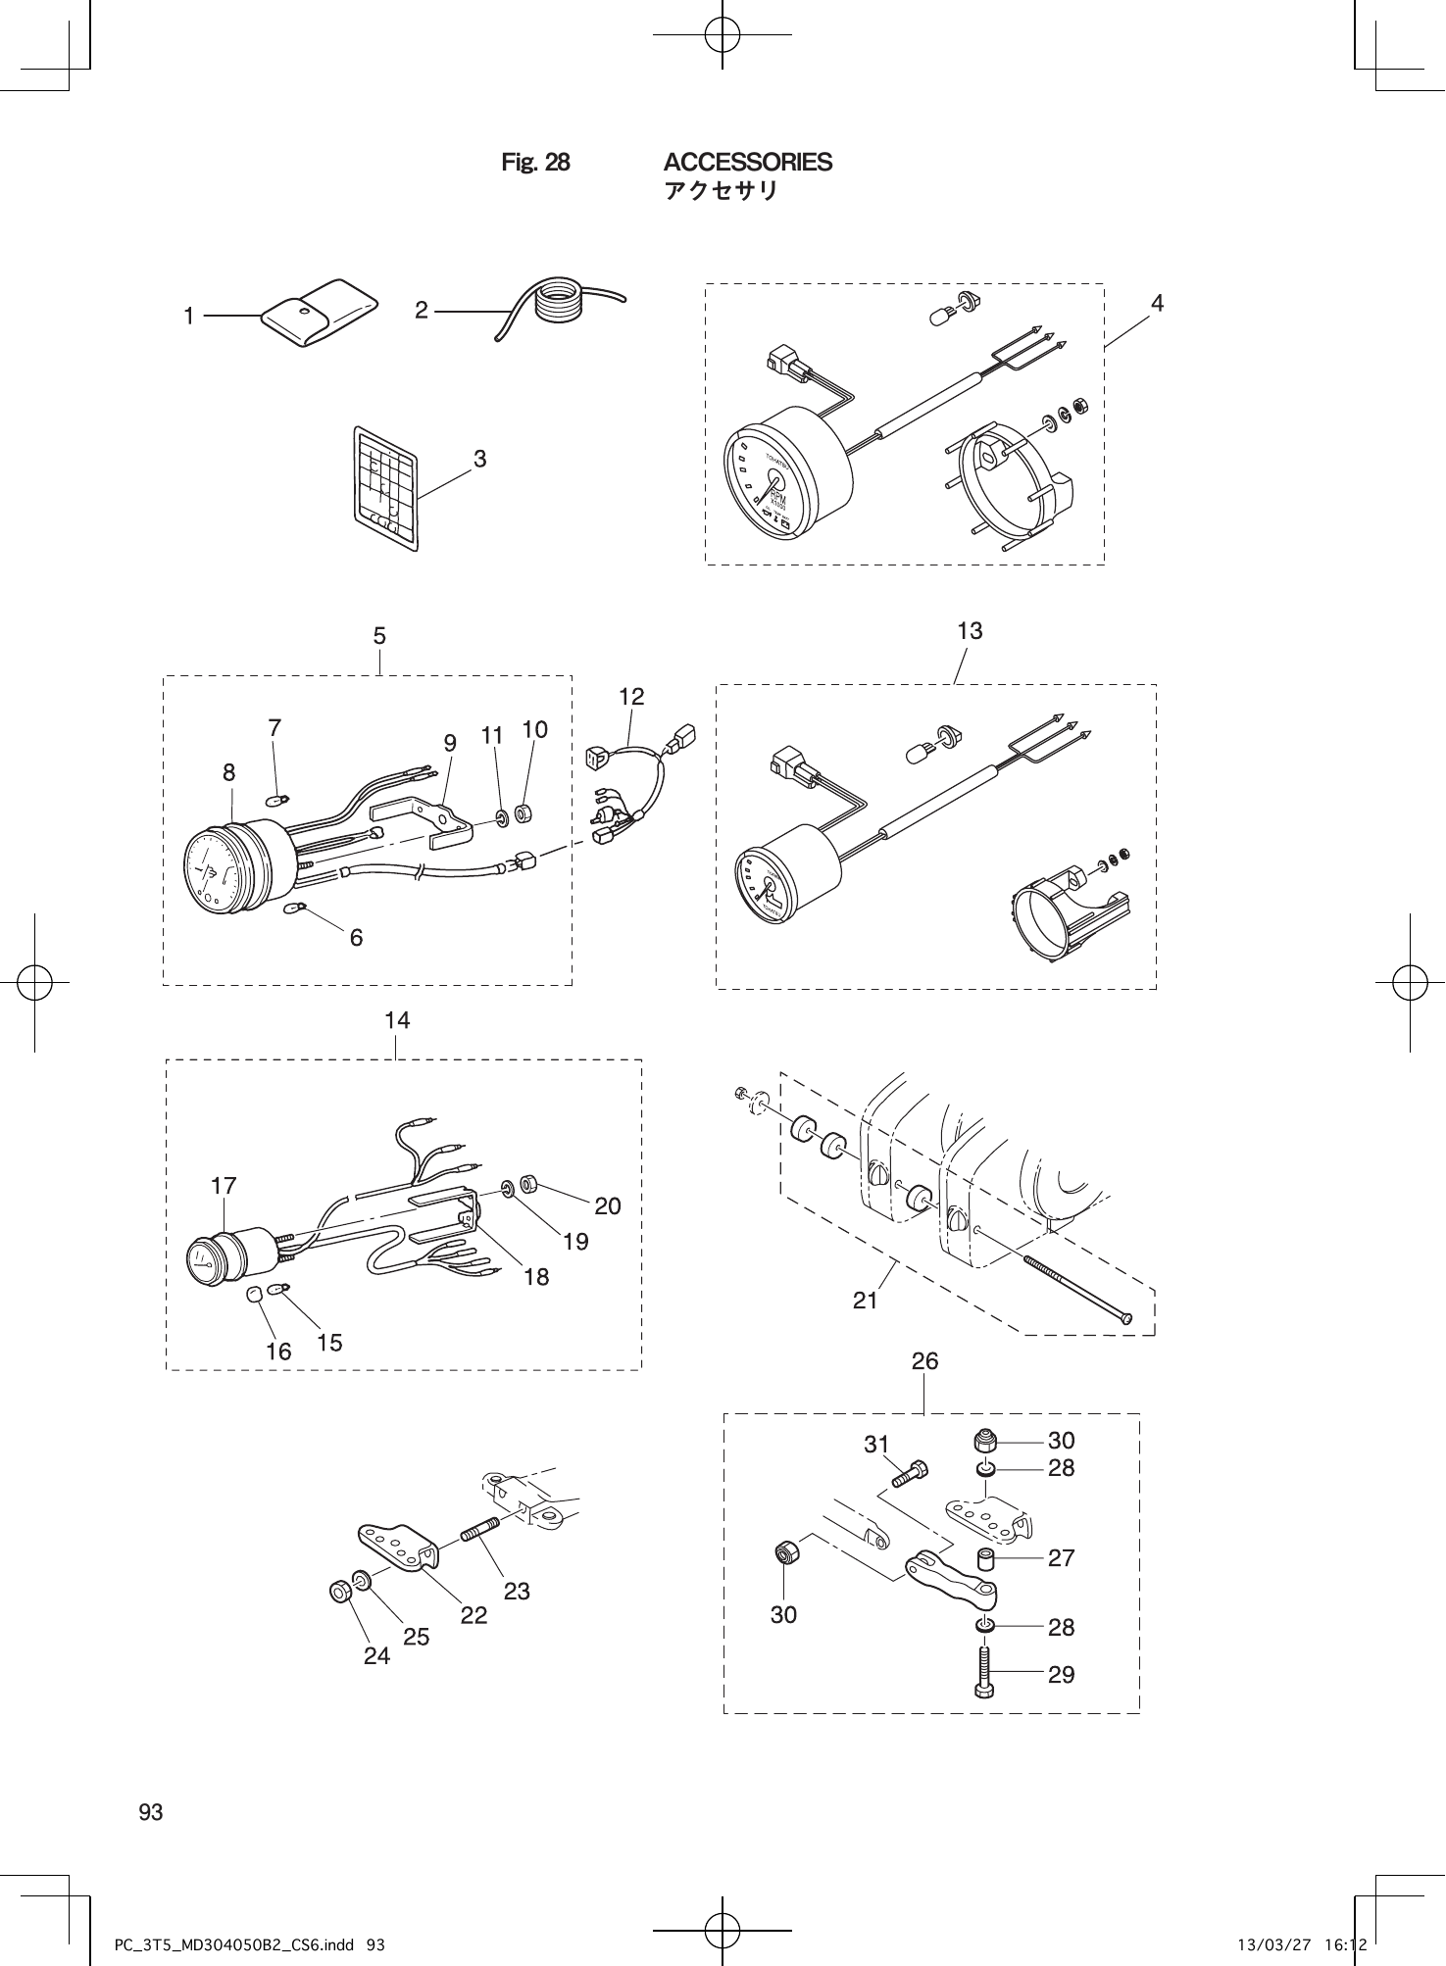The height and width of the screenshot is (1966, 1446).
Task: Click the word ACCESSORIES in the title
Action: [x=747, y=162]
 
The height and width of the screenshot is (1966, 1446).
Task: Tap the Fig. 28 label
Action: [x=534, y=163]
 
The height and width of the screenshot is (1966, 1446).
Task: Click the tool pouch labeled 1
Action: [x=319, y=312]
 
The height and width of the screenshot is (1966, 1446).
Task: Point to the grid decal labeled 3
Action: [x=385, y=488]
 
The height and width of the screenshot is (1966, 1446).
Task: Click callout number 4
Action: [x=1157, y=304]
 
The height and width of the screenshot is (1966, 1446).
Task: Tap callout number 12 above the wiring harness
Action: [x=631, y=697]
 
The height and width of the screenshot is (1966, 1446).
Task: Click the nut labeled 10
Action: [x=523, y=813]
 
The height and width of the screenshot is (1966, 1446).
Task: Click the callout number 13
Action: [x=969, y=631]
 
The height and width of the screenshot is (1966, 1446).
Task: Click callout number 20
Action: [x=608, y=1205]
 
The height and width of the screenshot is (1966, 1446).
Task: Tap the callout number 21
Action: [x=865, y=1301]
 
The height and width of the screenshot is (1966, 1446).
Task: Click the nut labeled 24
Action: [x=340, y=1591]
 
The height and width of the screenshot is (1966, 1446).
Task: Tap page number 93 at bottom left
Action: [x=151, y=1812]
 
